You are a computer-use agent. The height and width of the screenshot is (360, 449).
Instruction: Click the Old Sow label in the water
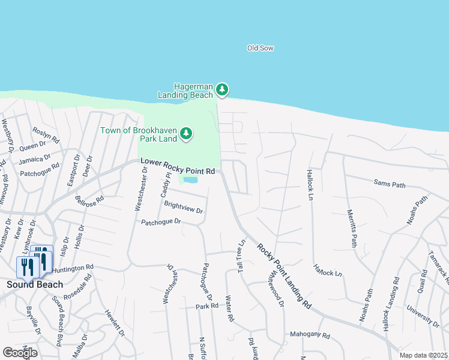point(261,48)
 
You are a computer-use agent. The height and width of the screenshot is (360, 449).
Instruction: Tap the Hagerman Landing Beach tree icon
point(223,90)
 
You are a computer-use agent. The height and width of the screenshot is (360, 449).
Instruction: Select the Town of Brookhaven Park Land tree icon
point(186,133)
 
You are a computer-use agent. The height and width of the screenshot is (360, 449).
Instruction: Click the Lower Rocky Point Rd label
point(178,167)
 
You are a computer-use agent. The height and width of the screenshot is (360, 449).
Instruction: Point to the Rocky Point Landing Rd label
point(285,277)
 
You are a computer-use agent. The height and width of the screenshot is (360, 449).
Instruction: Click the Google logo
point(20,353)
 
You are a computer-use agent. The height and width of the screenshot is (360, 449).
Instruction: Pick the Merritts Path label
point(352,229)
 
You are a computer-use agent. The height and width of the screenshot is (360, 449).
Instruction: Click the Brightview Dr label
point(184,208)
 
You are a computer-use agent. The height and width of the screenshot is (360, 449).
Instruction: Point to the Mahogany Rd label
point(310,336)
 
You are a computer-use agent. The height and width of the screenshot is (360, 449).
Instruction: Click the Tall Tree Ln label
point(241,257)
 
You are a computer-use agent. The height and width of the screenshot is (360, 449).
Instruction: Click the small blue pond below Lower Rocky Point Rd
point(190,179)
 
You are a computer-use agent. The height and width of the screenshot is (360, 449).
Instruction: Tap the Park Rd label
point(206,307)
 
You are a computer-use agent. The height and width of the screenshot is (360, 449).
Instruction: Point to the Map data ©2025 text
point(423,355)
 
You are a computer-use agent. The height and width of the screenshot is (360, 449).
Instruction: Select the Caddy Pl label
point(164,185)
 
